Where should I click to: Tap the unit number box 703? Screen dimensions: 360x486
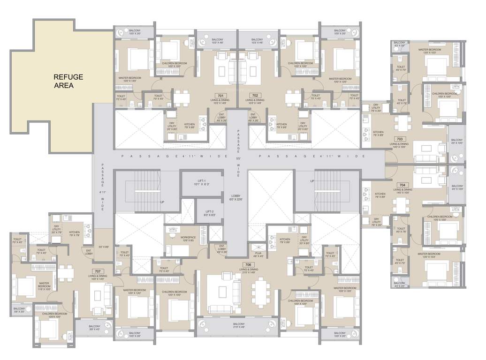pos(400,139)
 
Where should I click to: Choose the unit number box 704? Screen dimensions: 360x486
pos(402,185)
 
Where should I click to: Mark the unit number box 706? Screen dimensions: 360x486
pos(247,264)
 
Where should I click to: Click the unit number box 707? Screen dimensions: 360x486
pos(98,271)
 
